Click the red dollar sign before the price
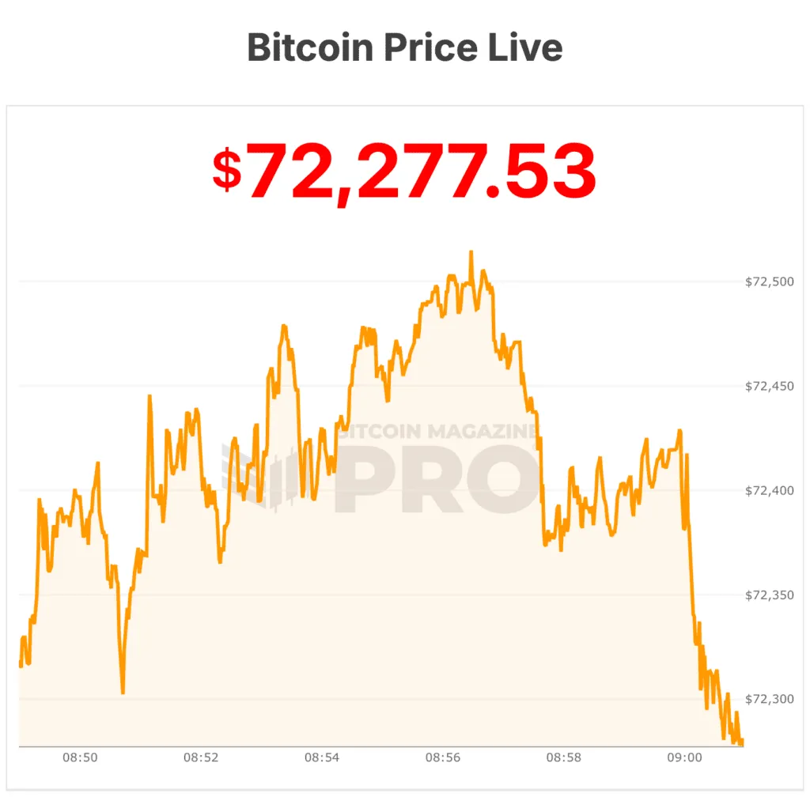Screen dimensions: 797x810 coord(227,169)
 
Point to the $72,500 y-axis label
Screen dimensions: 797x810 coord(769,281)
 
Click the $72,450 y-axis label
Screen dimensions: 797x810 coord(769,386)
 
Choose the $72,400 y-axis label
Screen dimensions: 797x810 coord(769,490)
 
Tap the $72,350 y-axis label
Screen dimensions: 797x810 coord(769,595)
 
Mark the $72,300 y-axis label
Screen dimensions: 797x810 coord(769,699)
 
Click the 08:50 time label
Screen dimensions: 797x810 coord(80,757)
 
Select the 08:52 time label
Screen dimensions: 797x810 coord(201,757)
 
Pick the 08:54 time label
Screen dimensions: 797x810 coord(322,757)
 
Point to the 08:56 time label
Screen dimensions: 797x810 coord(443,757)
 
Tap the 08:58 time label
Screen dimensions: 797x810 coord(564,757)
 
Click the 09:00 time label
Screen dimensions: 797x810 coord(685,757)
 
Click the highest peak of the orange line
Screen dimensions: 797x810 coord(471,252)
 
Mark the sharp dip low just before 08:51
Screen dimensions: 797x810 coord(123,693)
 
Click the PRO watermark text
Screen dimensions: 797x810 coord(437,478)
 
